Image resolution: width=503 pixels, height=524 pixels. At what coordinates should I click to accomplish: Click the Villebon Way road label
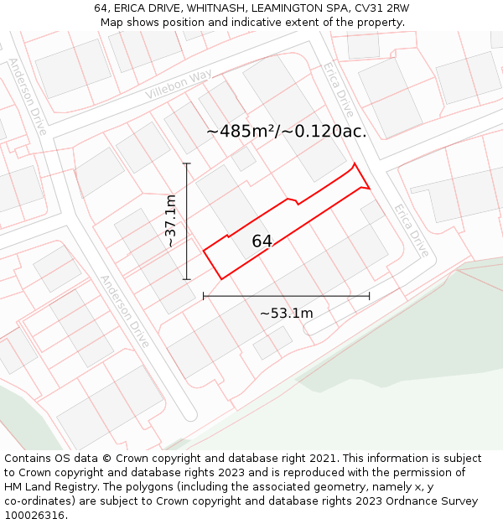click(179, 85)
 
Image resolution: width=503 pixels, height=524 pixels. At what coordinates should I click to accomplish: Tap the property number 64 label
click(262, 241)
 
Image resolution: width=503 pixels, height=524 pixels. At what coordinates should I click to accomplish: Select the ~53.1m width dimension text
click(286, 314)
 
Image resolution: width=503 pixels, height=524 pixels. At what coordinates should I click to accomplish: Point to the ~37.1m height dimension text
click(170, 221)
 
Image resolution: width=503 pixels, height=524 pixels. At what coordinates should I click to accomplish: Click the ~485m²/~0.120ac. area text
click(286, 132)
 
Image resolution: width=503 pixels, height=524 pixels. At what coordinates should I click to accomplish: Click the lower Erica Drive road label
click(412, 231)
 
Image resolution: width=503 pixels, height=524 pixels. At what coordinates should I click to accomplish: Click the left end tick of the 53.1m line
click(204, 296)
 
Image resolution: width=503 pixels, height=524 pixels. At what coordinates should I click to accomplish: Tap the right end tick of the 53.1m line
click(369, 296)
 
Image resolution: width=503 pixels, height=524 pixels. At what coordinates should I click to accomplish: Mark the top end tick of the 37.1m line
click(187, 163)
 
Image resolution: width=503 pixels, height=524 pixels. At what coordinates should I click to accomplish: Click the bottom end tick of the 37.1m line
click(187, 279)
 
